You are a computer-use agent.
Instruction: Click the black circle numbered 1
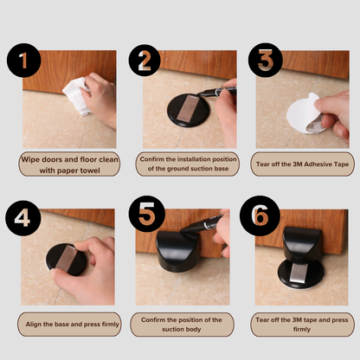pos(24,61)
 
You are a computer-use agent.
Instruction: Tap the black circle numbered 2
pos(145,61)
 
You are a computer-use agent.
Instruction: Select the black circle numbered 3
pos(266,60)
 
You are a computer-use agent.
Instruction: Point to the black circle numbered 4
pos(23,218)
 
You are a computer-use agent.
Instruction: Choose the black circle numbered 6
pos(260,215)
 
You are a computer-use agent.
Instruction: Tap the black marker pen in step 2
pos(217,92)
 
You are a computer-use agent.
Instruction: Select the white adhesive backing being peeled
pos(303,114)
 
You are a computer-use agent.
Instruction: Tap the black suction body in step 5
pos(177,251)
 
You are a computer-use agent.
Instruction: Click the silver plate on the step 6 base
pos(298,273)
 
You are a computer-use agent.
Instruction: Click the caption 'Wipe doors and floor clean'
pos(69,159)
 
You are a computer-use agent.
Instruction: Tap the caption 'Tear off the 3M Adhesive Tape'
pos(302,164)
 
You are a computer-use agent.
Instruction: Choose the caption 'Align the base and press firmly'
pos(72,325)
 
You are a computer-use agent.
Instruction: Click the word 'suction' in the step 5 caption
pos(174,329)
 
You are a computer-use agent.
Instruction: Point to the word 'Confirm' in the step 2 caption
pos(152,159)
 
